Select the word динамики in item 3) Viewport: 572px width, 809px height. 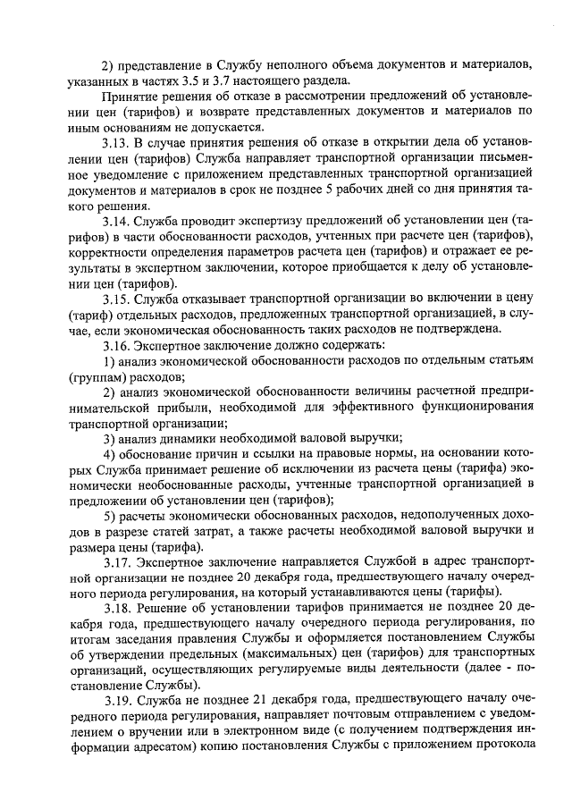[x=190, y=438]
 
